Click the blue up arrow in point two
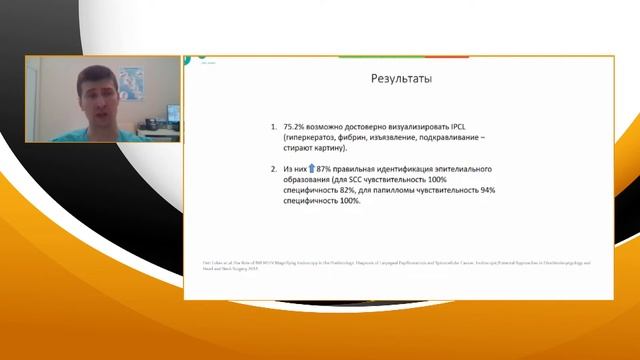pyautogui.click(x=310, y=170)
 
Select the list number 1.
pyautogui.click(x=274, y=129)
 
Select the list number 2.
pyautogui.click(x=274, y=170)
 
